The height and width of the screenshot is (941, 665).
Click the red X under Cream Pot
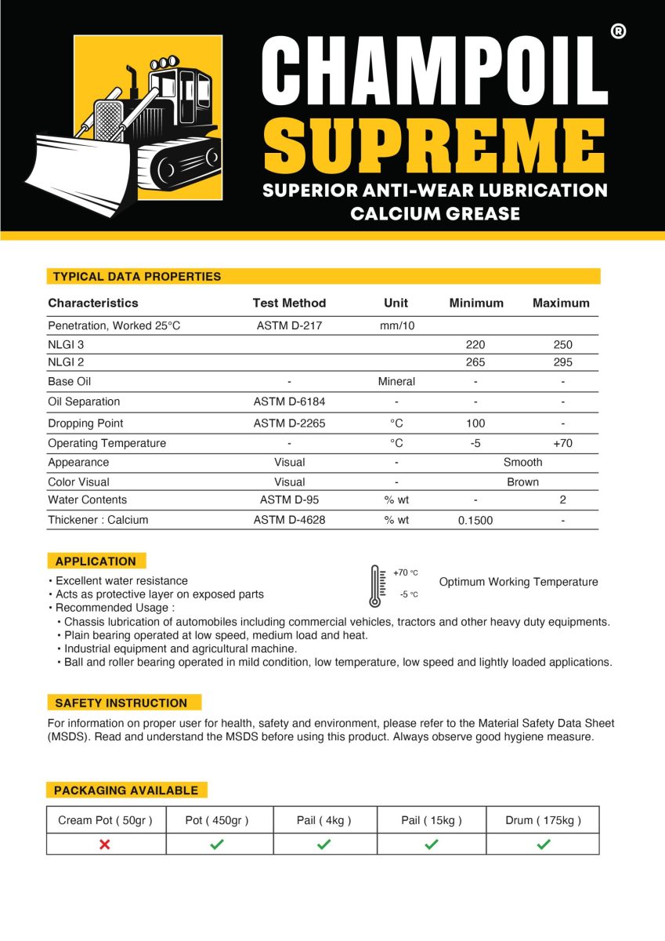click(x=105, y=844)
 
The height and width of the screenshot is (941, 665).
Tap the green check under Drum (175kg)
click(x=544, y=844)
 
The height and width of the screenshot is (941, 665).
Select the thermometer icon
click(x=375, y=587)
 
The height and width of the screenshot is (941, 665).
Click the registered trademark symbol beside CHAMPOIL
click(x=617, y=32)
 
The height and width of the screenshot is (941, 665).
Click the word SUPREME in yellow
click(x=435, y=148)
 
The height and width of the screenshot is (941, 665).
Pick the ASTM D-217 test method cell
click(x=289, y=325)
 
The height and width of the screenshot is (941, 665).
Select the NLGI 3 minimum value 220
click(x=475, y=344)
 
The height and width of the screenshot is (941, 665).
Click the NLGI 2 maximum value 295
click(x=562, y=362)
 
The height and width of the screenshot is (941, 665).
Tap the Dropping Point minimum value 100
click(x=475, y=423)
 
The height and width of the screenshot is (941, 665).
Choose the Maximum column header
click(x=561, y=303)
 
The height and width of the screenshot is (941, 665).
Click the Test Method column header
click(x=289, y=303)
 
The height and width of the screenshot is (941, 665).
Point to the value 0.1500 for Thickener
click(x=475, y=520)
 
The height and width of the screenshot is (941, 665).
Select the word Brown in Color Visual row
click(x=522, y=481)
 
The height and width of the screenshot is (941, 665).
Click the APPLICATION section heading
click(x=96, y=561)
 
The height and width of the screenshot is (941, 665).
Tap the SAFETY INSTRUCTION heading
click(x=121, y=703)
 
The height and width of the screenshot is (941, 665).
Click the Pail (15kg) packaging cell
click(x=432, y=820)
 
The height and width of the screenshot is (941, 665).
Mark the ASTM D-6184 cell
click(x=289, y=401)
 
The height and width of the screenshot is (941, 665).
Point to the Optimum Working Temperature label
click(x=519, y=582)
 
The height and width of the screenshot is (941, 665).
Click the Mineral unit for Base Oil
click(x=396, y=381)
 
